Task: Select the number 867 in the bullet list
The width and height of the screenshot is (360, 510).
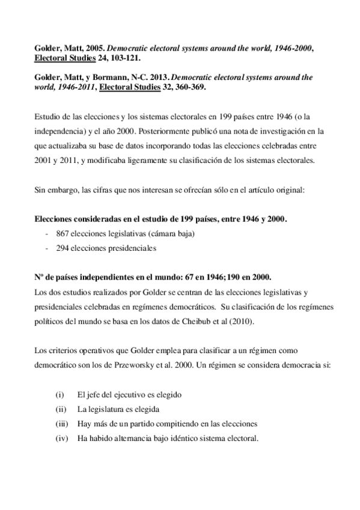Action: coord(63,234)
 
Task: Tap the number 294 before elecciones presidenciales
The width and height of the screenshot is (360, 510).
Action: coord(63,247)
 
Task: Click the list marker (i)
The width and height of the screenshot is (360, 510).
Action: coord(59,395)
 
